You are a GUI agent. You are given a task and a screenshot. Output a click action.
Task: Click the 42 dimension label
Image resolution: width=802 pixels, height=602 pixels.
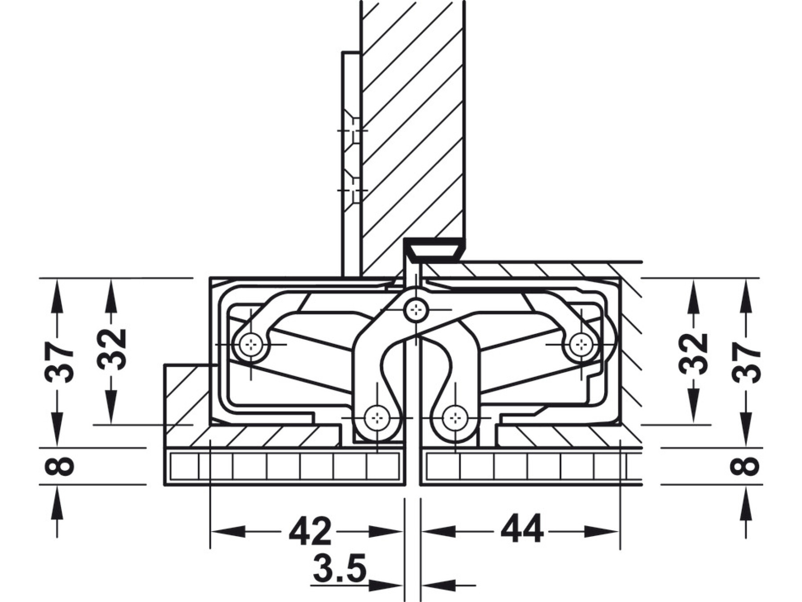click(310, 531)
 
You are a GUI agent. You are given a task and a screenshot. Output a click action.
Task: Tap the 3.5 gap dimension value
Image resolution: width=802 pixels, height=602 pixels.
click(340, 569)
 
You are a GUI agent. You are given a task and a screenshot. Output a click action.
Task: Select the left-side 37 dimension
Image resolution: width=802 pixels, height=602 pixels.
click(59, 363)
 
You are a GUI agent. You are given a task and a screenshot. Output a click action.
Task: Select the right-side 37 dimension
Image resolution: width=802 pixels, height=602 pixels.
click(746, 363)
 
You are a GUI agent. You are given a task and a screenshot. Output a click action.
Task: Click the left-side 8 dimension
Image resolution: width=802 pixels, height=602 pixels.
click(59, 465)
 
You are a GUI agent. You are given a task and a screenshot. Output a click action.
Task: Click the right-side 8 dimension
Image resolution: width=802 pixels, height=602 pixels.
click(745, 465)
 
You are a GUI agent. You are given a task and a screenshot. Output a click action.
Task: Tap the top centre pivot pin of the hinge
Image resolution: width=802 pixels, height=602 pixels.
click(416, 309)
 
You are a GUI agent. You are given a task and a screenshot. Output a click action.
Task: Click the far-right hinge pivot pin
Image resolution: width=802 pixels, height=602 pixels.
click(581, 344)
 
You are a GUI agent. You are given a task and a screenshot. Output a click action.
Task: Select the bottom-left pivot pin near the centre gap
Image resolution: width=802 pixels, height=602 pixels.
click(377, 418)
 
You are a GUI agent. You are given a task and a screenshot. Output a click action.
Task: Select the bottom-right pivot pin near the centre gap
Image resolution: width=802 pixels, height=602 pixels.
click(454, 418)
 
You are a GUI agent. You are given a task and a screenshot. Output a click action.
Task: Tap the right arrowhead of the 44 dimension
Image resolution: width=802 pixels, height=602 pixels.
click(601, 532)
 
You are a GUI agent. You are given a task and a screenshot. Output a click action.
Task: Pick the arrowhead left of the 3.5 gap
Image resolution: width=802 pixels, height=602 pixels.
click(386, 585)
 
